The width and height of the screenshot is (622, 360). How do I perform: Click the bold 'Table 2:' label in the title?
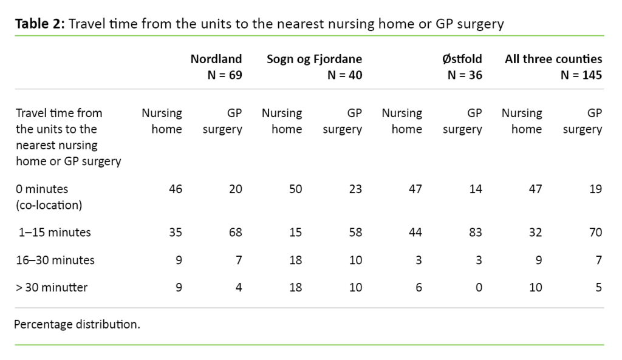39,24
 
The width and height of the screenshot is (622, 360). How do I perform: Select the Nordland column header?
216,59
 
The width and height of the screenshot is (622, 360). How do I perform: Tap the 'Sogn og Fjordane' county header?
314,59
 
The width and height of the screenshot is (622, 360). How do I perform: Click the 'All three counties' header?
553,59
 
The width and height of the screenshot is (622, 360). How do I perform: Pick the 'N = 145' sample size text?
581,75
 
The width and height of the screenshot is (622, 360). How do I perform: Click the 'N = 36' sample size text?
464,75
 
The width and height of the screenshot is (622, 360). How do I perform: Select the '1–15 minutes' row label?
55,232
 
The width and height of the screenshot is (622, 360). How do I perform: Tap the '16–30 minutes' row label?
55,260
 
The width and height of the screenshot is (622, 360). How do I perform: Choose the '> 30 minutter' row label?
52,287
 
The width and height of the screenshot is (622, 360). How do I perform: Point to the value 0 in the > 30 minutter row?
478,287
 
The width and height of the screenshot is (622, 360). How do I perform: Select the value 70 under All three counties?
595,232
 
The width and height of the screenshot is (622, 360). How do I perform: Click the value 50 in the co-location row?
295,189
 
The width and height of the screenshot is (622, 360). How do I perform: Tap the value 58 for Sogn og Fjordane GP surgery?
355,232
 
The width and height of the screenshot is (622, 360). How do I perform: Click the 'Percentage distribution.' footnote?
77,324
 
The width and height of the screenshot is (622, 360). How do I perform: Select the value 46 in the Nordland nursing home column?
175,189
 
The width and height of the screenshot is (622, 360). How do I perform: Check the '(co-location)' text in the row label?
49,205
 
